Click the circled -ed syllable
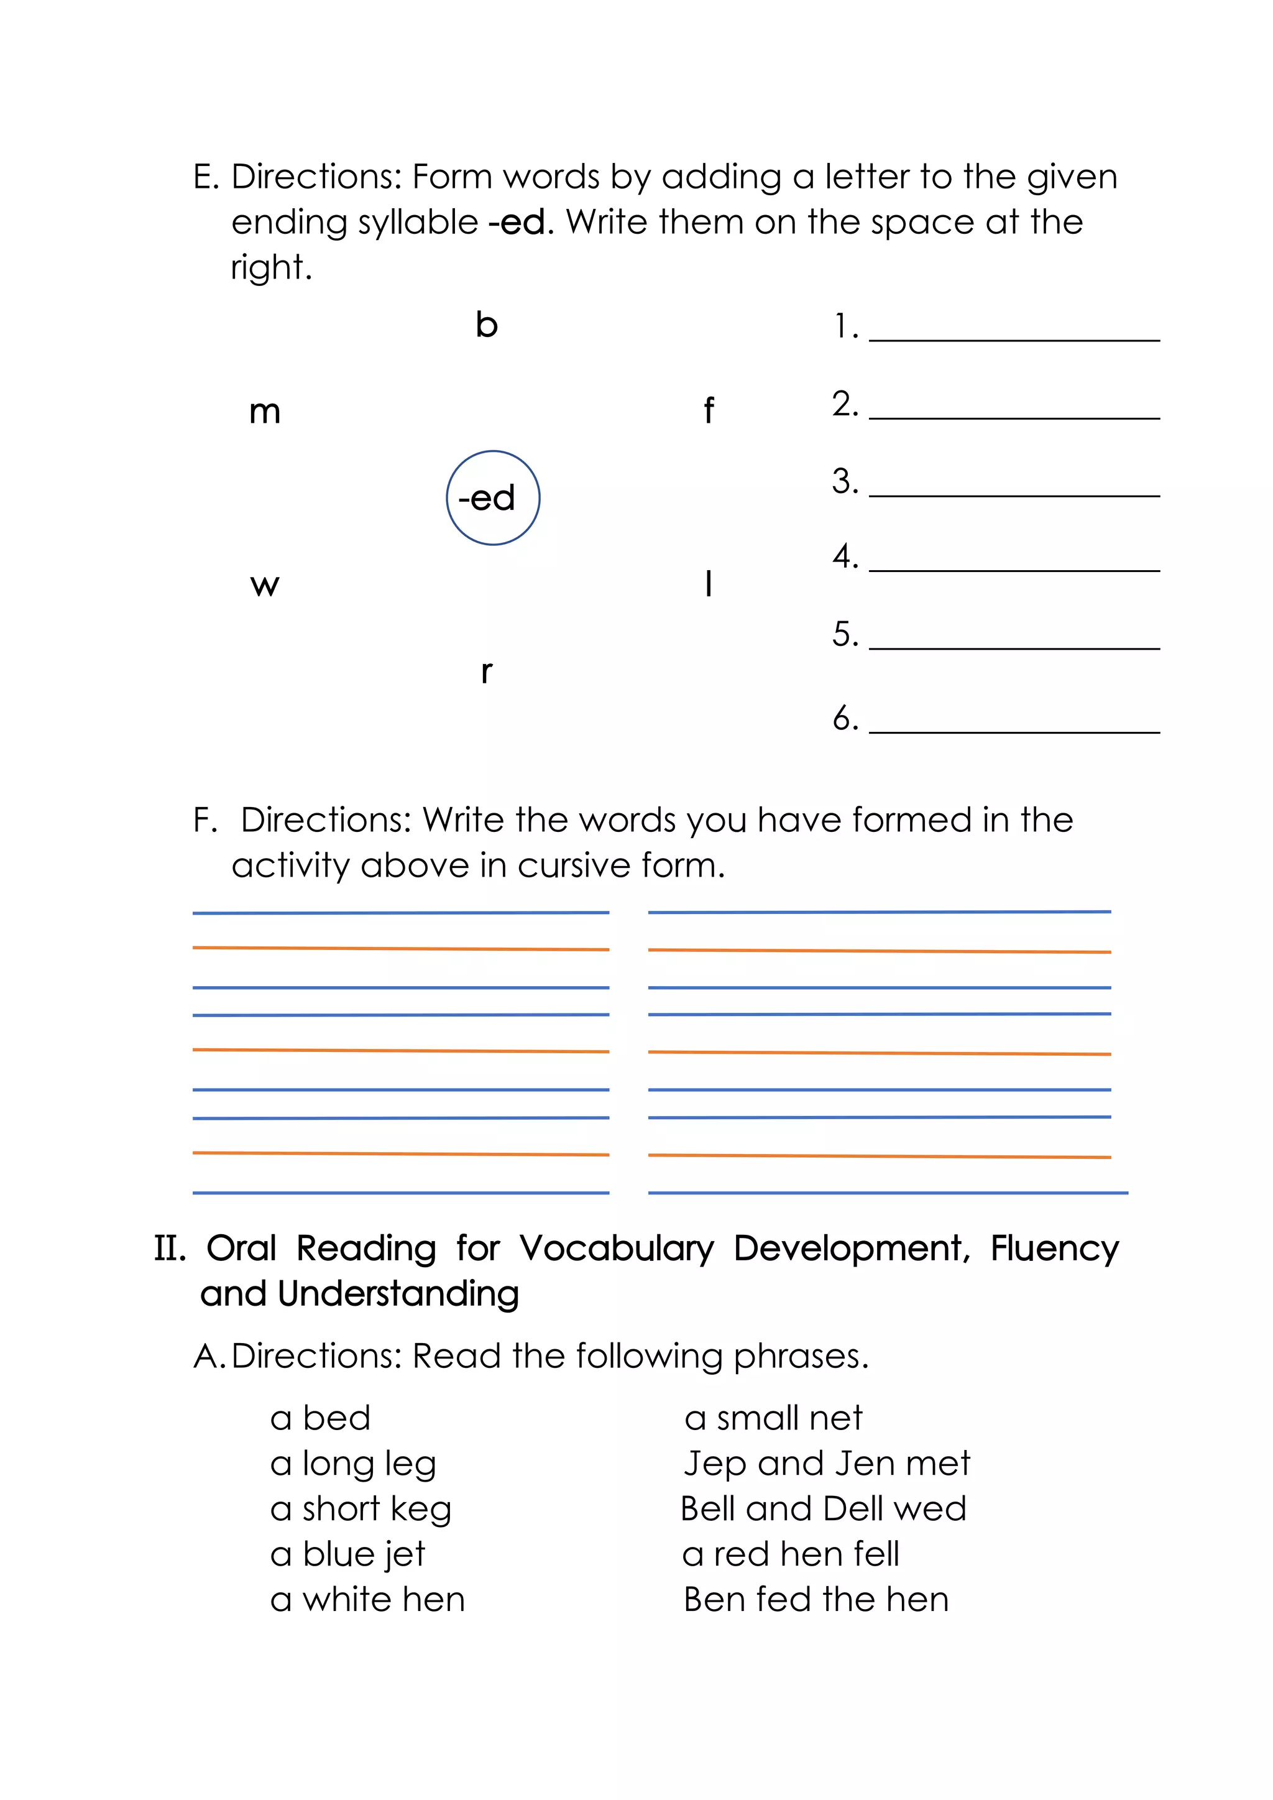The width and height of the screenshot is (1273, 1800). [x=492, y=498]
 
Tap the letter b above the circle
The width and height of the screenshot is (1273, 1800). [x=486, y=325]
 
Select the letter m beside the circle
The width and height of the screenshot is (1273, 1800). [x=265, y=412]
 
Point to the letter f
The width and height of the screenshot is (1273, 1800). [x=709, y=410]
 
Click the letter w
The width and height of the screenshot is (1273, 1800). [x=265, y=585]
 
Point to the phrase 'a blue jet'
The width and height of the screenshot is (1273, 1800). [x=347, y=1554]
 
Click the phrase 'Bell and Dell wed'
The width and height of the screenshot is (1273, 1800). [x=823, y=1509]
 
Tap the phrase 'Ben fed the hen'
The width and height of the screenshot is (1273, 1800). [x=816, y=1600]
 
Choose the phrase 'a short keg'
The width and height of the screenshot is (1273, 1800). [x=361, y=1509]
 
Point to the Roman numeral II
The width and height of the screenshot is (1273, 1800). [x=169, y=1248]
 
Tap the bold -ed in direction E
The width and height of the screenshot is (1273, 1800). [x=517, y=223]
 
